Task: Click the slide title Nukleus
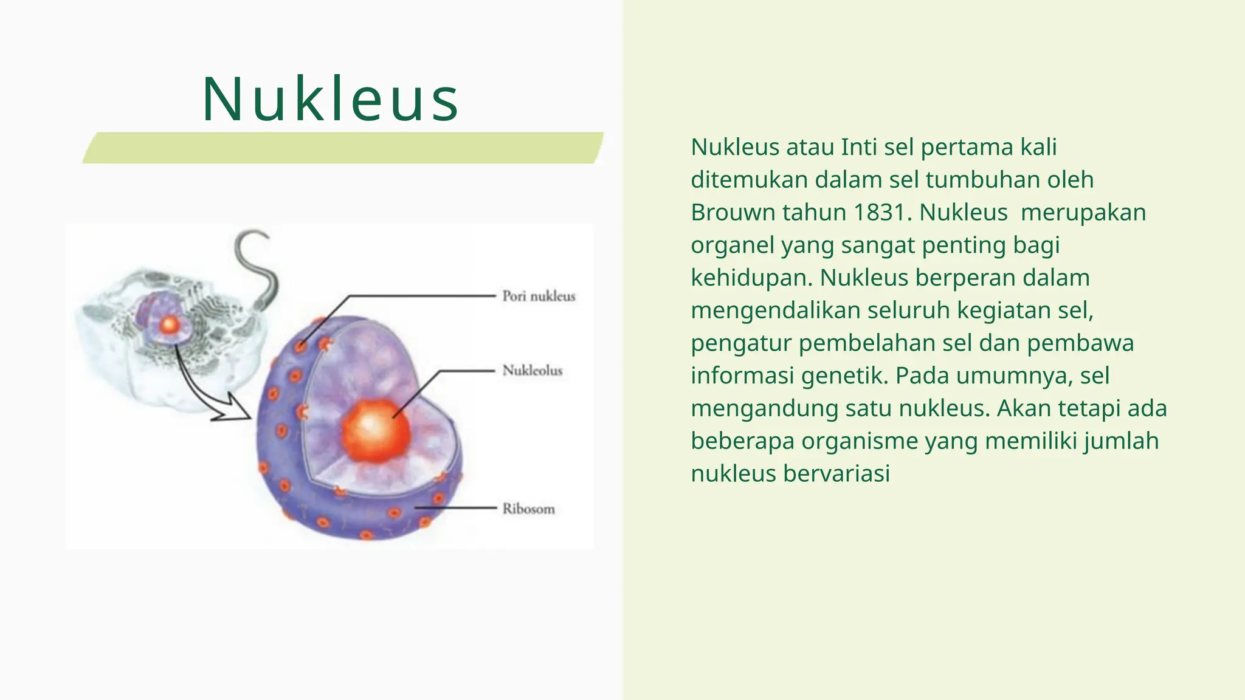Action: (330, 100)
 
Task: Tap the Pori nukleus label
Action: (538, 297)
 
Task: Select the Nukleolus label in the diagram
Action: (532, 371)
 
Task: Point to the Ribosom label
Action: (528, 509)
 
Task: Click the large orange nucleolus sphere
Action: (376, 430)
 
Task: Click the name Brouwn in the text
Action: (732, 213)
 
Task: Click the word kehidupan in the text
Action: (751, 278)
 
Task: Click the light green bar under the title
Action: (343, 148)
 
